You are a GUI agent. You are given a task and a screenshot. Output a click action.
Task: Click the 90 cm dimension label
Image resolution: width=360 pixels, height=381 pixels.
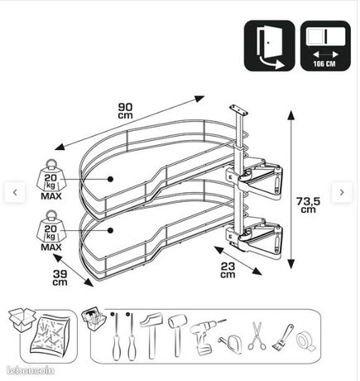pyautogui.click(x=126, y=111)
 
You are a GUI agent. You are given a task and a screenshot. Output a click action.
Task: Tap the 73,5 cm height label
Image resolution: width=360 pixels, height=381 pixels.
pyautogui.click(x=309, y=205)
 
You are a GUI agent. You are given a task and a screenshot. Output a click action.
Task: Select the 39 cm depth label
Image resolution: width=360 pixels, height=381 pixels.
pyautogui.click(x=60, y=278)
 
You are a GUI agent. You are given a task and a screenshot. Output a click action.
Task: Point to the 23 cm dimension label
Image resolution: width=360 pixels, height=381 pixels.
pyautogui.click(x=228, y=270)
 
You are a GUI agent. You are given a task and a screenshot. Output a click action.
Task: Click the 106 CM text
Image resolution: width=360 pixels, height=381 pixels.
pyautogui.click(x=324, y=64)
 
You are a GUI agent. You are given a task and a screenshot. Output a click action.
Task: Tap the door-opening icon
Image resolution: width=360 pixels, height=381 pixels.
pyautogui.click(x=270, y=46)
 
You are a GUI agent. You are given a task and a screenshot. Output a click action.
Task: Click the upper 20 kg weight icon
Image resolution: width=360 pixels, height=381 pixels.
pyautogui.click(x=50, y=180)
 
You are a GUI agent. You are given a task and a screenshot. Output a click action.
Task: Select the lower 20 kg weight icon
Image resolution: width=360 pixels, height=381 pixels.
pyautogui.click(x=50, y=230)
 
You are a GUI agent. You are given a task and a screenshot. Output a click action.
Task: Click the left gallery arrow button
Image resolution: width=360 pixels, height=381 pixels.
pyautogui.click(x=15, y=192)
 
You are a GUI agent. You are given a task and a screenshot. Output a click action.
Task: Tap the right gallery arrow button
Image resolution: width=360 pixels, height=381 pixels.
pyautogui.click(x=342, y=192)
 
